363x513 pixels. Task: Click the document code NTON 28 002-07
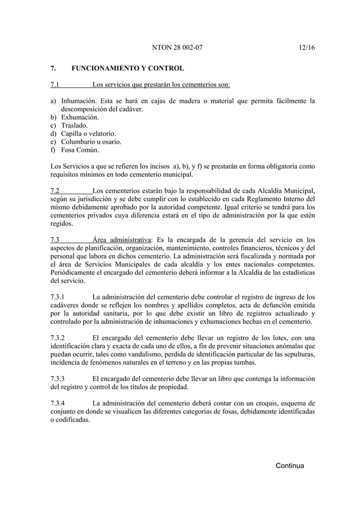[178, 47]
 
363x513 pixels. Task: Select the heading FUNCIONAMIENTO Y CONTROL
[127, 69]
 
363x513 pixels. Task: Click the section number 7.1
[55, 86]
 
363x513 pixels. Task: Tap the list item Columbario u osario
[91, 141]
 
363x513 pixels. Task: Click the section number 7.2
[55, 190]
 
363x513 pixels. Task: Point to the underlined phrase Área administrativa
[118, 240]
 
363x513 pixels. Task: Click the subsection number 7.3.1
[58, 297]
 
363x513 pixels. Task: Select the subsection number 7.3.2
[58, 337]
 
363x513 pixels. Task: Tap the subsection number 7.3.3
[58, 378]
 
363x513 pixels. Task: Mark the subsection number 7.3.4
[58, 404]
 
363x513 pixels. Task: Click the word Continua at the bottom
[290, 466]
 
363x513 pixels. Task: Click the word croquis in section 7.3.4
[256, 404]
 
